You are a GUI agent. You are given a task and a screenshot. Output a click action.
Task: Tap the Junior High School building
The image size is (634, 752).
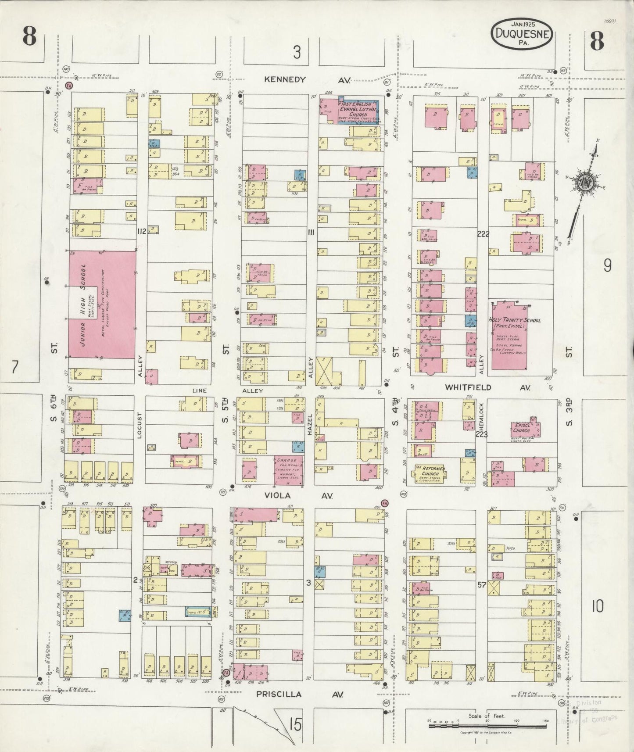pyautogui.click(x=102, y=305)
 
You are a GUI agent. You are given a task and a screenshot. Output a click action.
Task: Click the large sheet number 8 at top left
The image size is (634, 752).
pyautogui.click(x=29, y=36)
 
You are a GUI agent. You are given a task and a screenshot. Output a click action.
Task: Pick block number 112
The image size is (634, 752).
pyautogui.click(x=141, y=231)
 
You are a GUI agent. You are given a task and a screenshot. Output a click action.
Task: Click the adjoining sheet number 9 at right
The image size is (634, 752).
pyautogui.click(x=607, y=265)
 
